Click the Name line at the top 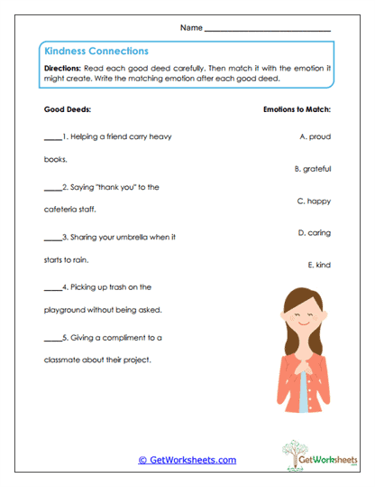pyautogui.click(x=268, y=30)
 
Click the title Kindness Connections pyautogui.click(x=96, y=52)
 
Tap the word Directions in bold pyautogui.click(x=62, y=69)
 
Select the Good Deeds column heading pyautogui.click(x=68, y=109)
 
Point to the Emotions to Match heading pyautogui.click(x=296, y=109)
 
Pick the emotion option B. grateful pyautogui.click(x=313, y=169)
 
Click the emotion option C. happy pyautogui.click(x=314, y=201)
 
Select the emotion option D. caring pyautogui.click(x=314, y=232)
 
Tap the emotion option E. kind pyautogui.click(x=319, y=265)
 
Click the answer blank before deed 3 pyautogui.click(x=51, y=239)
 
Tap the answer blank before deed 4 pyautogui.click(x=51, y=289)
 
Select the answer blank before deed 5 pyautogui.click(x=51, y=340)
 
